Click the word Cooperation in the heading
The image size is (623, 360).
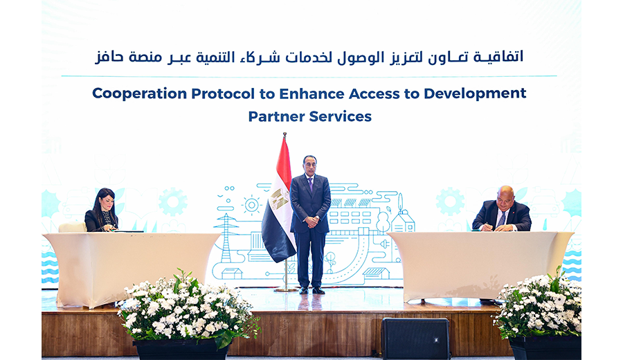tap(139, 93)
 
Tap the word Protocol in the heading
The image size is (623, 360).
tap(223, 93)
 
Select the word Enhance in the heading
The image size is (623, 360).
tap(312, 93)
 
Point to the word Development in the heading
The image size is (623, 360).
tap(475, 93)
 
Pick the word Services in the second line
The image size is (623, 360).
tap(341, 116)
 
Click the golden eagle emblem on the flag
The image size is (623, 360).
tap(280, 198)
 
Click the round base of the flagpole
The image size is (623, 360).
tap(286, 289)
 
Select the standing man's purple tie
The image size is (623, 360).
tap(310, 184)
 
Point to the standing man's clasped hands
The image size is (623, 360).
tap(311, 222)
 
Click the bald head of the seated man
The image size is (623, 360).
tap(505, 192)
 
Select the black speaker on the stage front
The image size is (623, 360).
tap(415, 339)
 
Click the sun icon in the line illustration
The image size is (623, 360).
tap(251, 205)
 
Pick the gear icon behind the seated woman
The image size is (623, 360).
tap(173, 202)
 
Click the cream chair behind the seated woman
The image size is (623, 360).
tap(72, 227)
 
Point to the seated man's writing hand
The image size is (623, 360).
tap(488, 227)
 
